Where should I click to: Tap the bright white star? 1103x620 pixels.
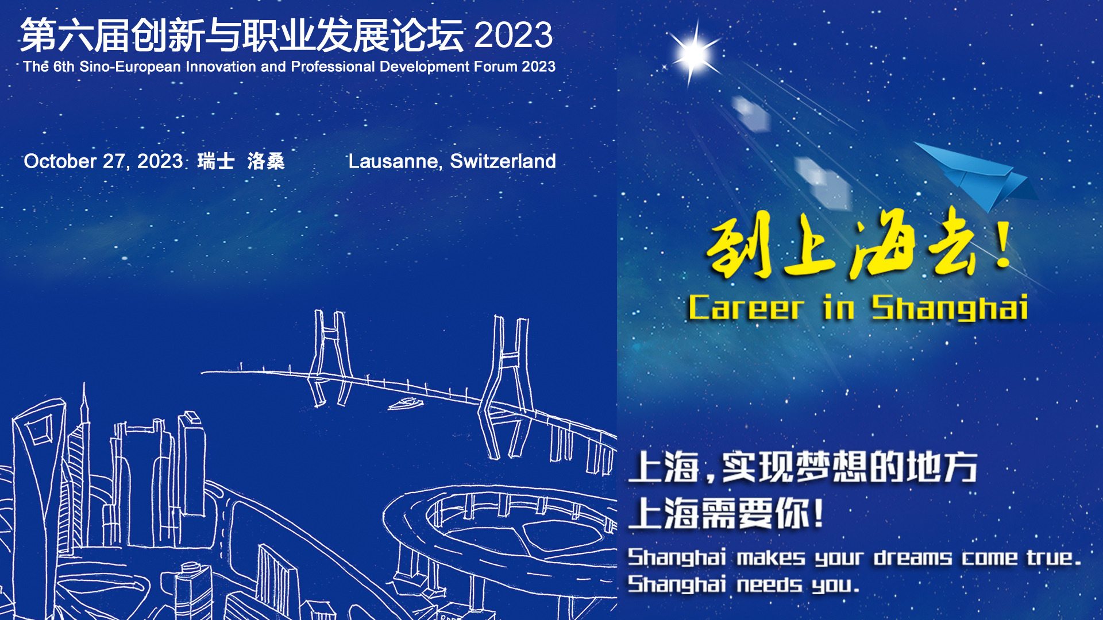(694, 55)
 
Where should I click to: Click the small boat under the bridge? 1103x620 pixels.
(406, 404)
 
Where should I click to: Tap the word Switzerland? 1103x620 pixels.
(503, 161)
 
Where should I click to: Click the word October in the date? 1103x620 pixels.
(60, 161)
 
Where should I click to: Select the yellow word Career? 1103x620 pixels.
(746, 308)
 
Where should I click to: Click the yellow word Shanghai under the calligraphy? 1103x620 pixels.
(950, 308)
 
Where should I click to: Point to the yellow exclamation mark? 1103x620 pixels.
(1004, 244)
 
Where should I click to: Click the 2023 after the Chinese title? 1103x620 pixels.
(514, 35)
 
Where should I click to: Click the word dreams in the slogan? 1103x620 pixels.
(913, 557)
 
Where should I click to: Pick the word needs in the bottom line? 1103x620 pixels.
(770, 584)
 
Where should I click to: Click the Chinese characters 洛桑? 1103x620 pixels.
(266, 161)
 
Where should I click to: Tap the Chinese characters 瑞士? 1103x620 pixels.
(216, 161)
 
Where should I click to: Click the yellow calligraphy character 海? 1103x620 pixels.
(882, 244)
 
